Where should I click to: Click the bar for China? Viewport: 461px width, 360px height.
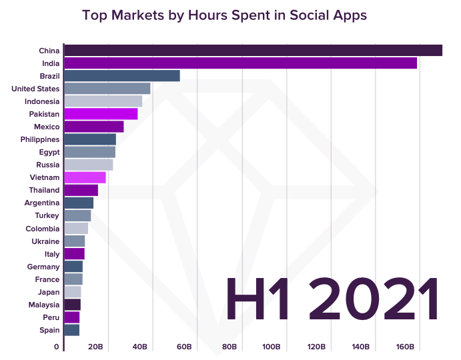[253, 51]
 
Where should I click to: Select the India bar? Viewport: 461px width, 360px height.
[240, 63]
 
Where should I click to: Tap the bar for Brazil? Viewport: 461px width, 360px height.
[121, 76]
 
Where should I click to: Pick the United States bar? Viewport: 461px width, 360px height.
[107, 89]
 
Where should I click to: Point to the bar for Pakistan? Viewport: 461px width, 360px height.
[100, 114]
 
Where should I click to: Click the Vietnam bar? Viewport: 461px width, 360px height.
[85, 177]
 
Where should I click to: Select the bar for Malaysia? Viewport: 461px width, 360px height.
[72, 305]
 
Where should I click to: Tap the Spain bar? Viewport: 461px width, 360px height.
[71, 330]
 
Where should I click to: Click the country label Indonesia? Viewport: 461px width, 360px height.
[42, 101]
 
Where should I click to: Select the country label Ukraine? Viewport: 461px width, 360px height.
[45, 241]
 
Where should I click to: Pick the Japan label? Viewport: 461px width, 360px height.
[49, 292]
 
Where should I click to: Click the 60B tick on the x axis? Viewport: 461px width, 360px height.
[184, 347]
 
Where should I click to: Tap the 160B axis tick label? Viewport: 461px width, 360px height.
[405, 347]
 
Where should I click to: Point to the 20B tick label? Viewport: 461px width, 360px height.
[95, 347]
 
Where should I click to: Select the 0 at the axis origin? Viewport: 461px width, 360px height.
[57, 347]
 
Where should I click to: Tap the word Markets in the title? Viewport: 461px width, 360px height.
[137, 15]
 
